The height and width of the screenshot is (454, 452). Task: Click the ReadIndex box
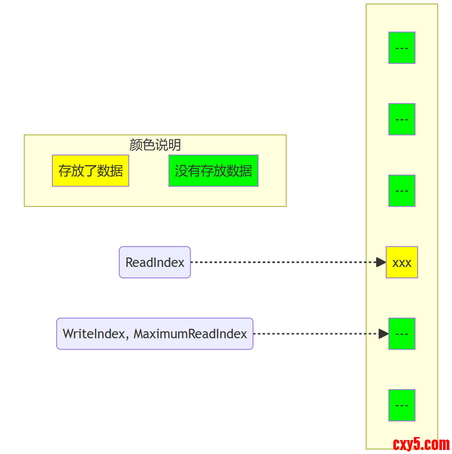[155, 262]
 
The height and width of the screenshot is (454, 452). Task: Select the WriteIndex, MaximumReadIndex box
[155, 334]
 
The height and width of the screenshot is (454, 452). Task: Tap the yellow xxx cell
[402, 262]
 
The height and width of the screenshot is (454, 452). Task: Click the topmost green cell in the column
[402, 48]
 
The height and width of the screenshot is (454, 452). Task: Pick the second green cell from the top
[402, 119]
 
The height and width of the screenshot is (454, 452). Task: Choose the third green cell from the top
[402, 191]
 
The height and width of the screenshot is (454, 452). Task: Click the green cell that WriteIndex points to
[402, 334]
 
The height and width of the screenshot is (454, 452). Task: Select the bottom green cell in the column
[402, 405]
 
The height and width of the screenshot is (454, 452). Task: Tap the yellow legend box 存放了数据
[90, 171]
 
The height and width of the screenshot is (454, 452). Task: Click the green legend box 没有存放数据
[213, 171]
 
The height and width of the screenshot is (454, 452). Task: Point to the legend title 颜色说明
[155, 145]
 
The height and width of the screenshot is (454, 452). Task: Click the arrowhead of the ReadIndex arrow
[381, 262]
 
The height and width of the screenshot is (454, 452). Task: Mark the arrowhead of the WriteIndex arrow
[383, 334]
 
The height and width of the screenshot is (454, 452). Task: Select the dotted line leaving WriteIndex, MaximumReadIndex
[314, 334]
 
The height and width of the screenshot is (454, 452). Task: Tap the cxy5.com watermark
[421, 444]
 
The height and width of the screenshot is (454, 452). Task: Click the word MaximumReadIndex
[190, 334]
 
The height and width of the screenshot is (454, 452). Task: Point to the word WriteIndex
[93, 334]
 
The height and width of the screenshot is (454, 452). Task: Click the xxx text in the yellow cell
[402, 263]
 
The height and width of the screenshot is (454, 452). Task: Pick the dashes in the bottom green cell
[402, 405]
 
